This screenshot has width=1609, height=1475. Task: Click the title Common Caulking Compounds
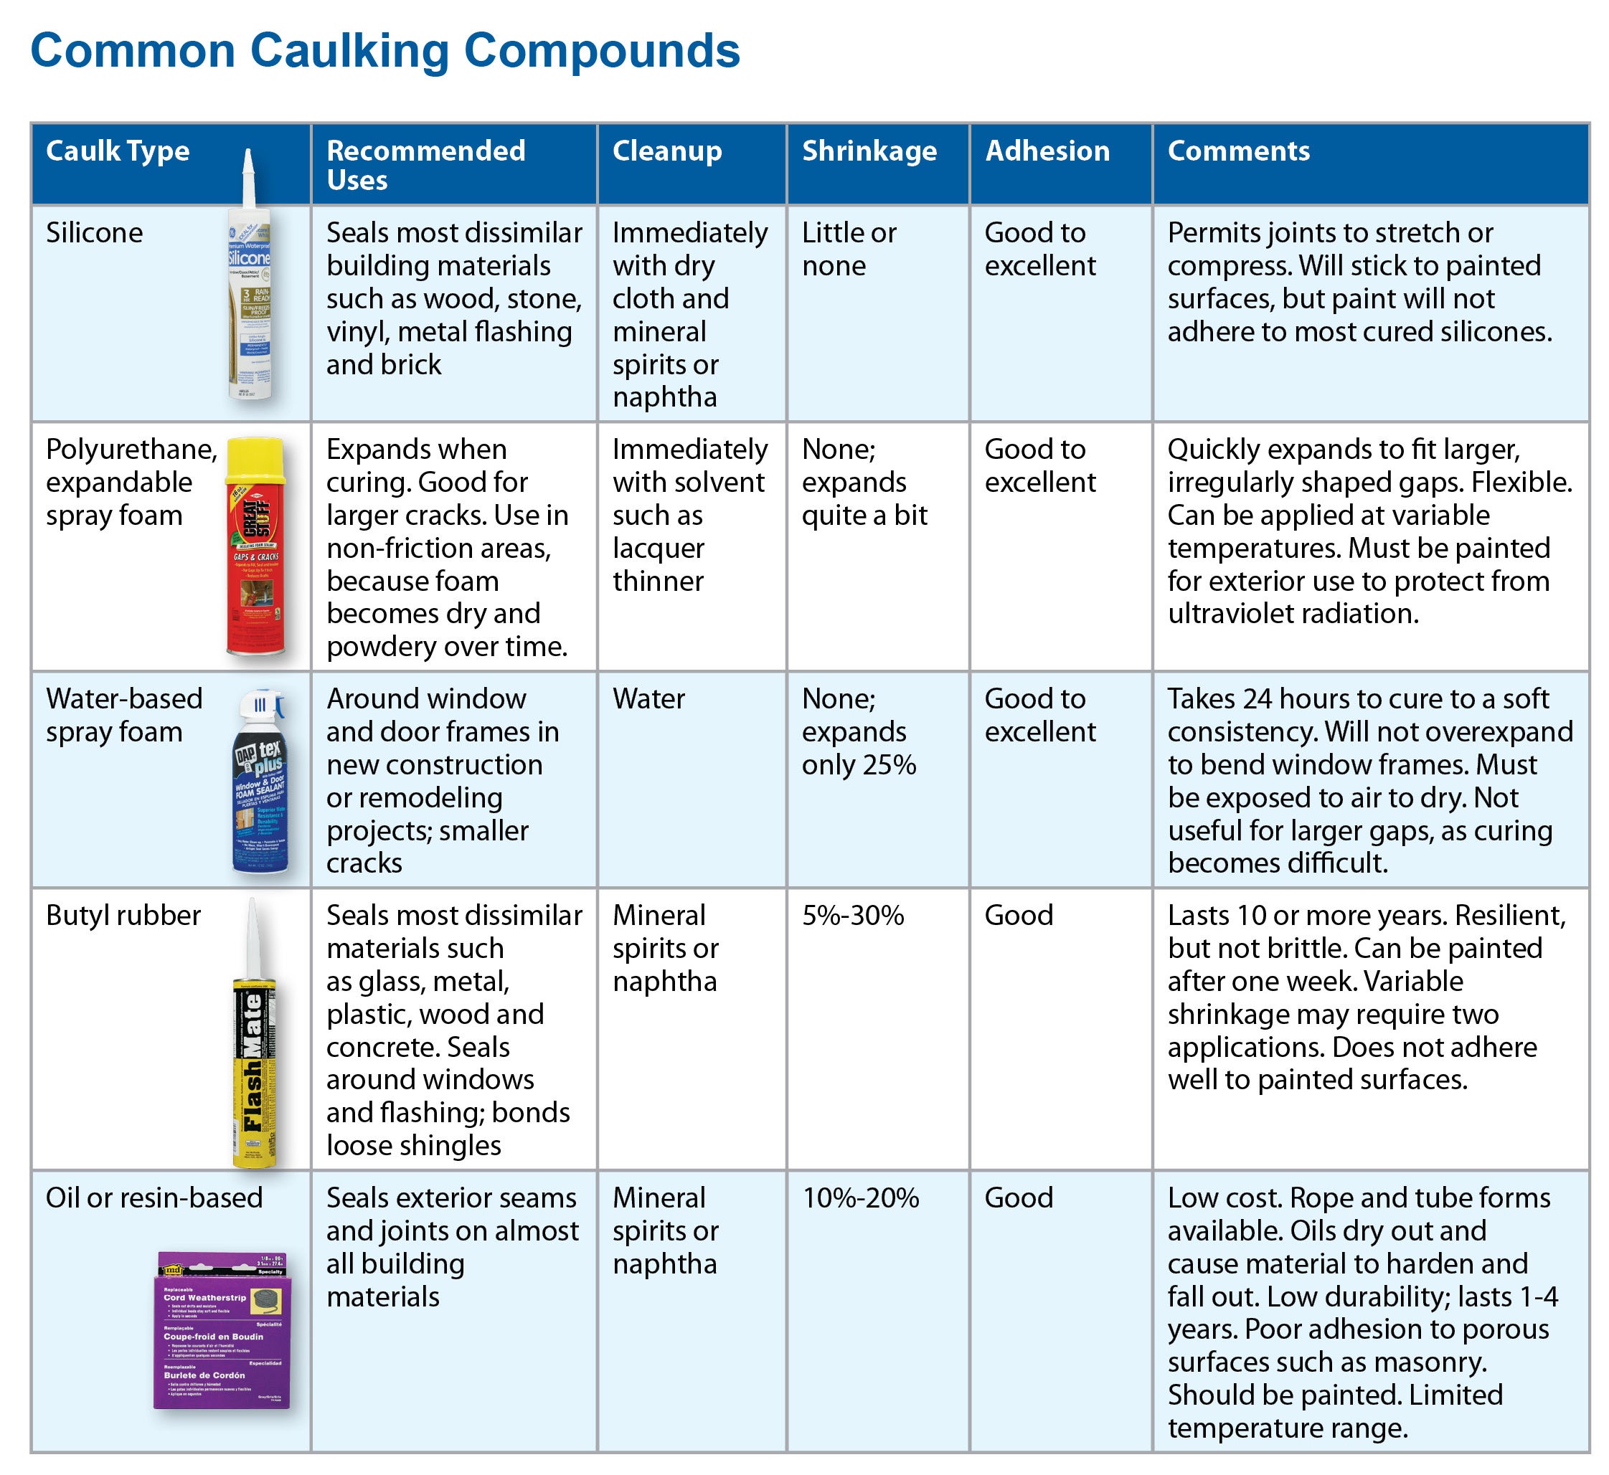pyautogui.click(x=385, y=51)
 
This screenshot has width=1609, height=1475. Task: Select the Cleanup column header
pyautogui.click(x=666, y=151)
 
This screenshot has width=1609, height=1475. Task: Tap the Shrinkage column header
pyautogui.click(x=869, y=151)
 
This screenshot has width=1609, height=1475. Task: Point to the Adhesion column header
pyautogui.click(x=1047, y=151)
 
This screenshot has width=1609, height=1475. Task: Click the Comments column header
pyautogui.click(x=1238, y=151)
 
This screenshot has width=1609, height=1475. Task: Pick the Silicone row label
pyautogui.click(x=94, y=233)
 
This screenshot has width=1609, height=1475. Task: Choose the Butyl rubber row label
pyautogui.click(x=123, y=916)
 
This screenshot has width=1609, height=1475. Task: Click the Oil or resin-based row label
pyautogui.click(x=154, y=1198)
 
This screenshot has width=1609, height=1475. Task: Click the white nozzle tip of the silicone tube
pyautogui.click(x=247, y=163)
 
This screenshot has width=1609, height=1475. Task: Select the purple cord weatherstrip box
pyautogui.click(x=222, y=1332)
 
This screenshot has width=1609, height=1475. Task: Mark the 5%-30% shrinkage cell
pyautogui.click(x=853, y=916)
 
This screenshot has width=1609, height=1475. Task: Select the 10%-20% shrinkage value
pyautogui.click(x=861, y=1198)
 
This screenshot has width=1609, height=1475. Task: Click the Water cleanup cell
pyautogui.click(x=648, y=699)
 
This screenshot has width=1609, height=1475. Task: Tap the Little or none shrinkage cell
pyautogui.click(x=849, y=249)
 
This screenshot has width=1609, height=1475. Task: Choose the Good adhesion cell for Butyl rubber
pyautogui.click(x=1019, y=916)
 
